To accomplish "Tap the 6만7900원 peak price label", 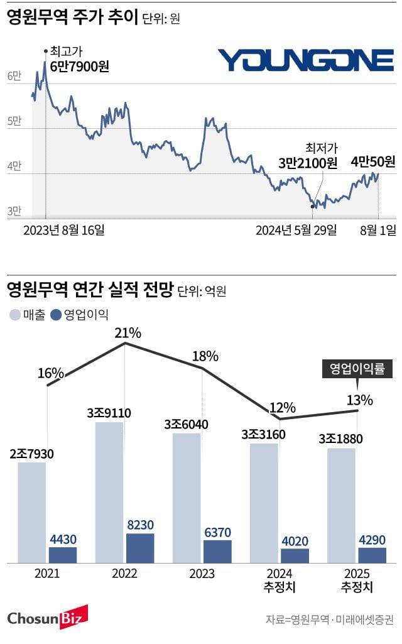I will [x=80, y=66].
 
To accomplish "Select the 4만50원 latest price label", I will [x=373, y=162].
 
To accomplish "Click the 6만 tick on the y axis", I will [x=14, y=76].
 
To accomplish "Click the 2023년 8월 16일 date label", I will [x=63, y=230].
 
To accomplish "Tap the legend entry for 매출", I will [x=28, y=315].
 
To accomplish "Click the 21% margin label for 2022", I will [x=128, y=332].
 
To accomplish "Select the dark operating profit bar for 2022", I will [x=140, y=548].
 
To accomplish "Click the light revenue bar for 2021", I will [x=31, y=512].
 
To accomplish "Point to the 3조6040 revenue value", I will [x=187, y=425].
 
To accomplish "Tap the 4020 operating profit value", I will [x=295, y=540].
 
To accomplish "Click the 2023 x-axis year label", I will [x=202, y=574].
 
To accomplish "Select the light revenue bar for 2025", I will [x=341, y=505].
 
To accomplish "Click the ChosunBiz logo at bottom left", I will [x=47, y=618].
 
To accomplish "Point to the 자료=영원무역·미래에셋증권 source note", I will [x=330, y=620].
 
